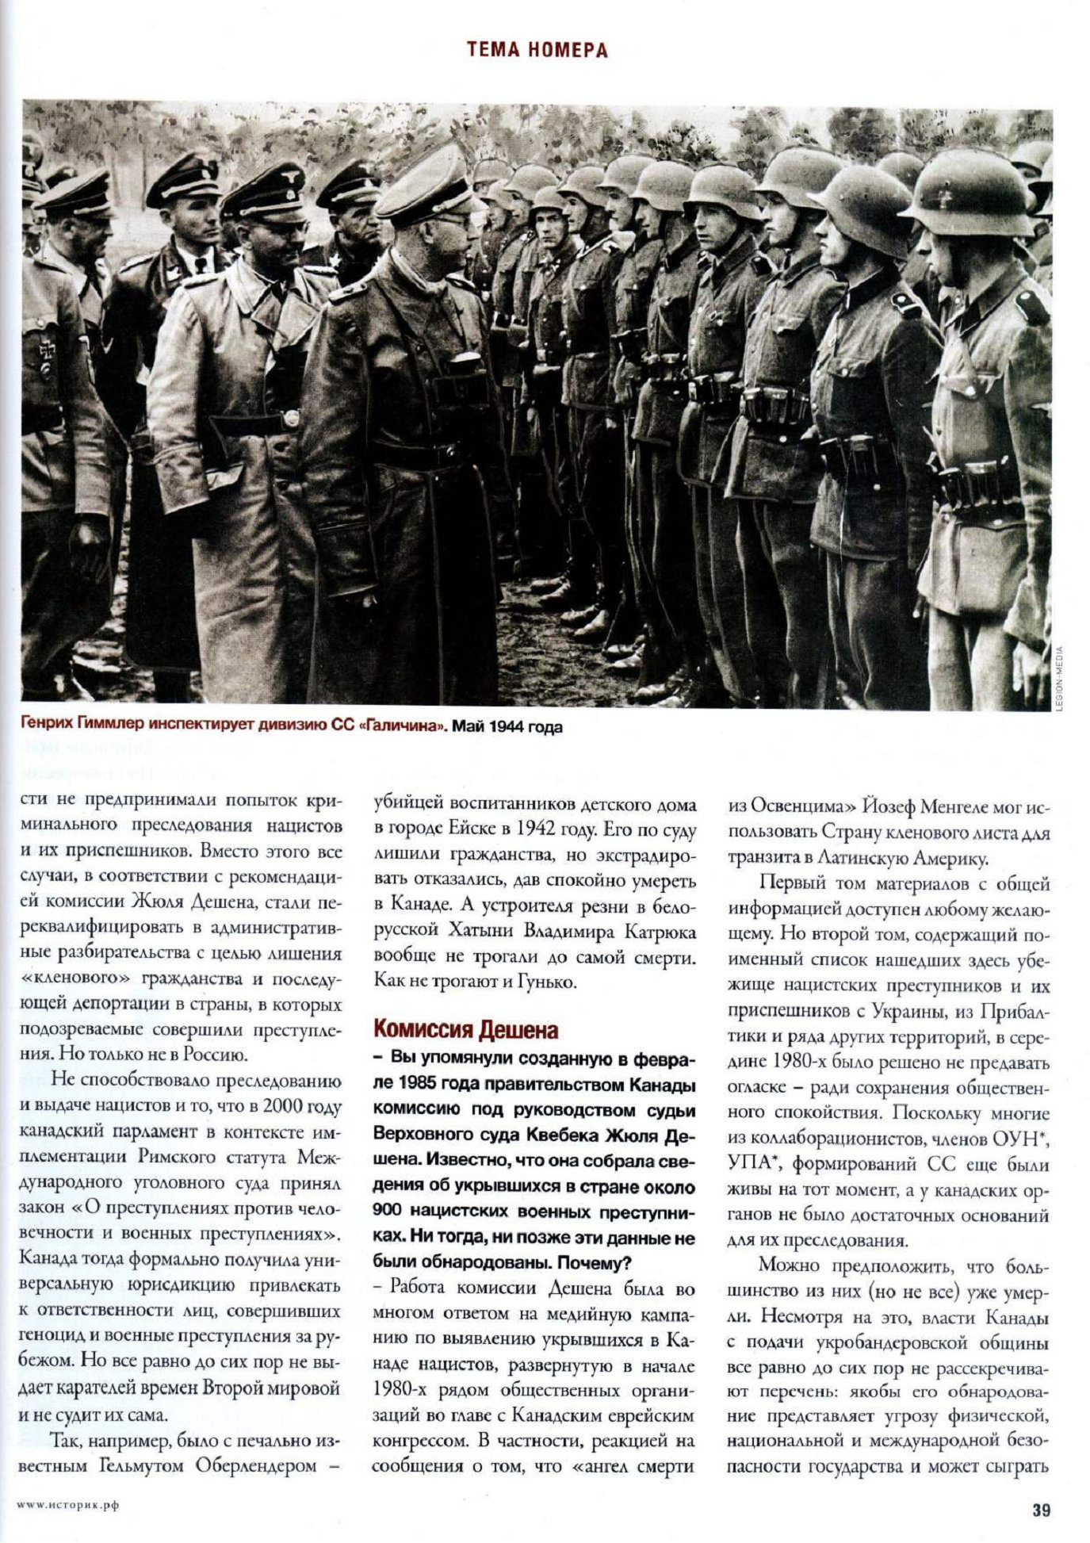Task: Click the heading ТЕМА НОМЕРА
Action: pyautogui.click(x=537, y=51)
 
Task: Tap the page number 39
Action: pyautogui.click(x=1041, y=1510)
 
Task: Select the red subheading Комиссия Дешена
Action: pyautogui.click(x=466, y=1030)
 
